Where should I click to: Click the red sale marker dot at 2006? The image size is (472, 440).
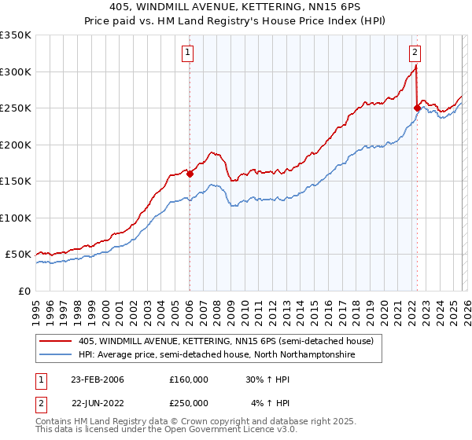[190, 174]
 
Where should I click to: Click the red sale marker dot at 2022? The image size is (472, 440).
[416, 108]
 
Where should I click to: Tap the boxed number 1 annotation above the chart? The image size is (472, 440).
[189, 53]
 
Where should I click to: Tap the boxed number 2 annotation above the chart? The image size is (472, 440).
[415, 53]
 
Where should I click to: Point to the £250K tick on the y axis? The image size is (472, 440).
[16, 108]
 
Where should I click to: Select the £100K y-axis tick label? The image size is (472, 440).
[16, 218]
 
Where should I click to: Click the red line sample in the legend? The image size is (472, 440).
[57, 341]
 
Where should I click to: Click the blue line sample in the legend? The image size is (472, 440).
[57, 355]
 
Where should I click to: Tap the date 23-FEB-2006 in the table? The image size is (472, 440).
[98, 379]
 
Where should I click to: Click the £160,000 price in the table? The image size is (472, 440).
[188, 379]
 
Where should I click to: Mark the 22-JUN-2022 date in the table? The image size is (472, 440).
[98, 403]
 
